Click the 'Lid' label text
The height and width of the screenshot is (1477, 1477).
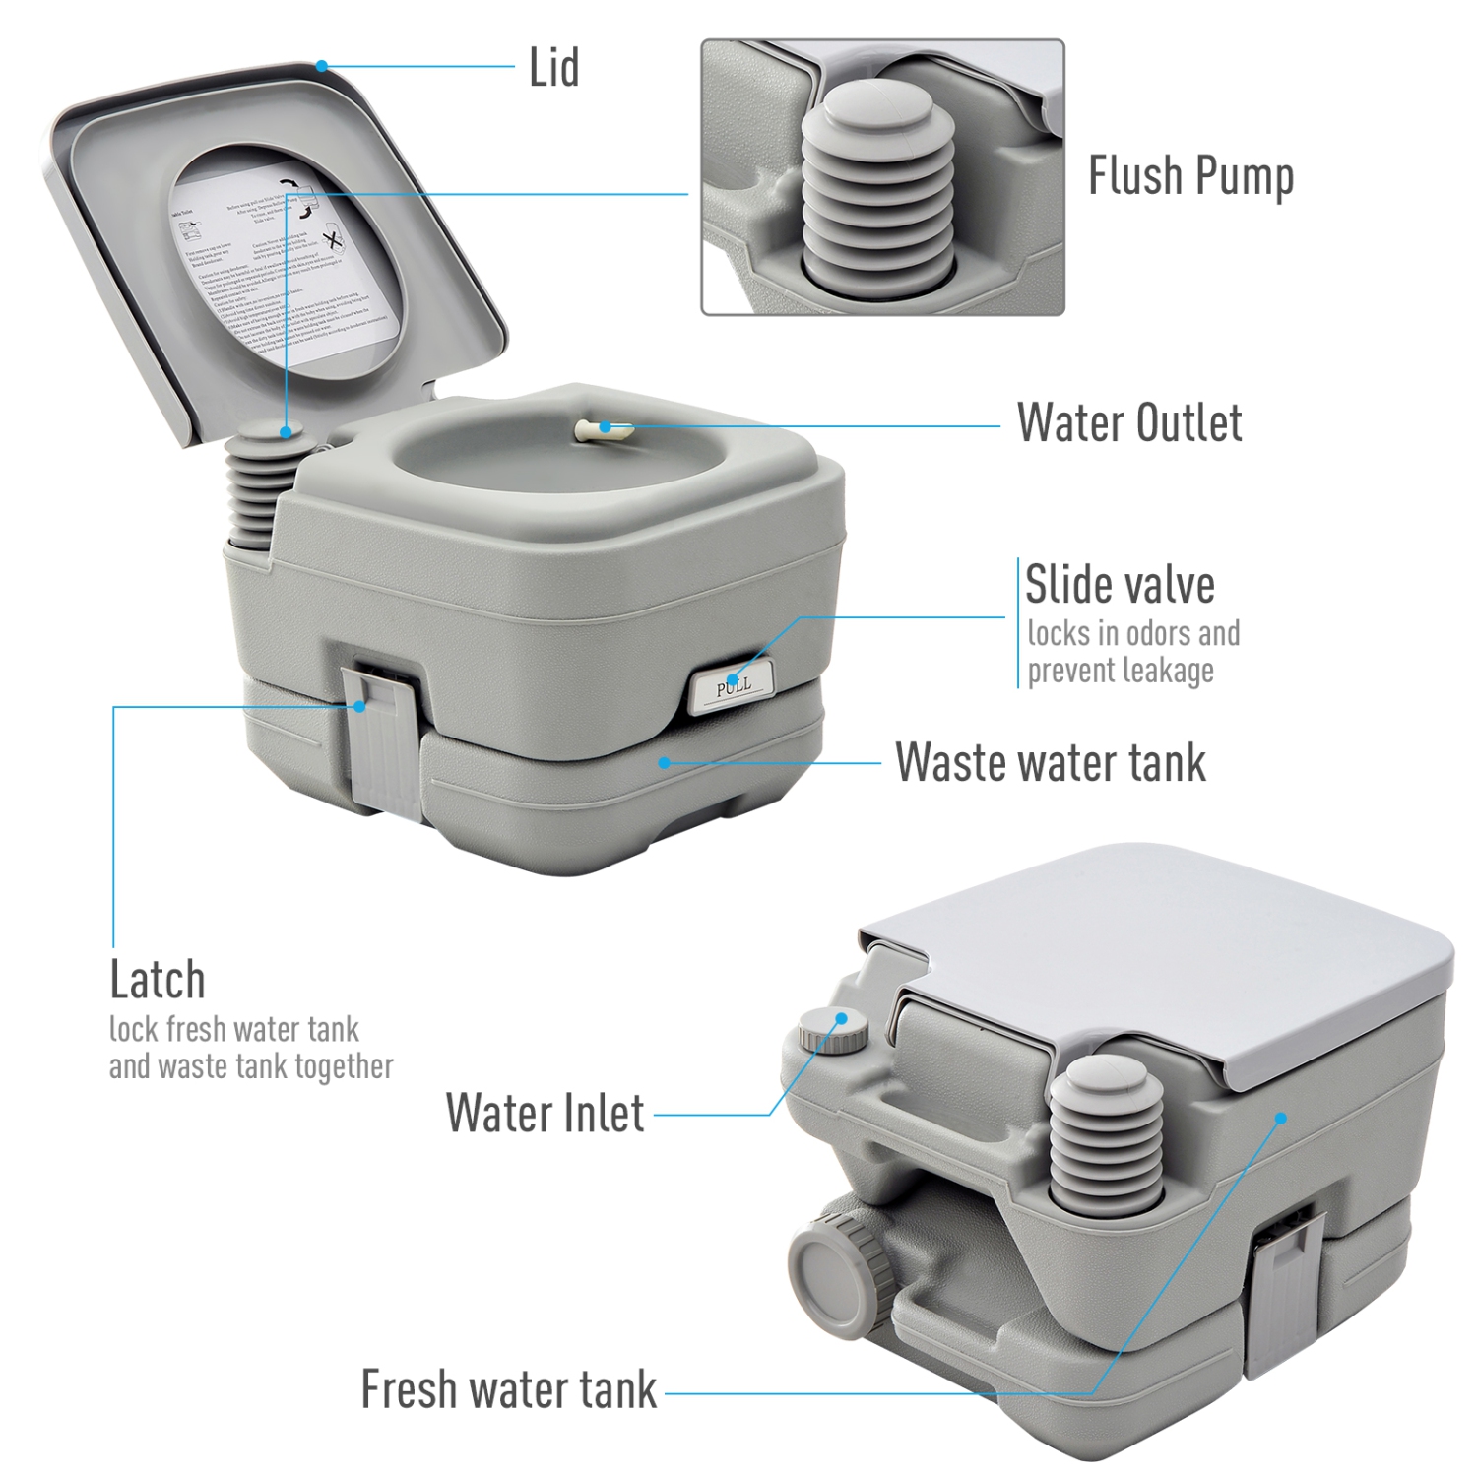(x=553, y=69)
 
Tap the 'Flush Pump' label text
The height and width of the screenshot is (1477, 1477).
(x=1189, y=177)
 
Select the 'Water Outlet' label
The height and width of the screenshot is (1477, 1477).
(x=1128, y=423)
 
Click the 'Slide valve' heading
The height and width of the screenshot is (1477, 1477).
(x=1120, y=585)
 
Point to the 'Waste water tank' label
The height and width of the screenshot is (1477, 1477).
(x=1050, y=762)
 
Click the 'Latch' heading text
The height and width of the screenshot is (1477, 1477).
(x=158, y=980)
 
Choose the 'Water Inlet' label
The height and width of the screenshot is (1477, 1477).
(x=545, y=1114)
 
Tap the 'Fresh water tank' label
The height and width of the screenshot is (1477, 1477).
(x=508, y=1389)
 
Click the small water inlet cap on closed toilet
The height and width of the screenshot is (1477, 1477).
(x=833, y=1030)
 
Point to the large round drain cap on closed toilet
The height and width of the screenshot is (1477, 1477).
(x=829, y=1270)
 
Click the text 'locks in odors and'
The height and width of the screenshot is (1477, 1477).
(x=1133, y=633)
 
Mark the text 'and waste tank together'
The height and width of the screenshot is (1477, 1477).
(x=251, y=1066)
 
